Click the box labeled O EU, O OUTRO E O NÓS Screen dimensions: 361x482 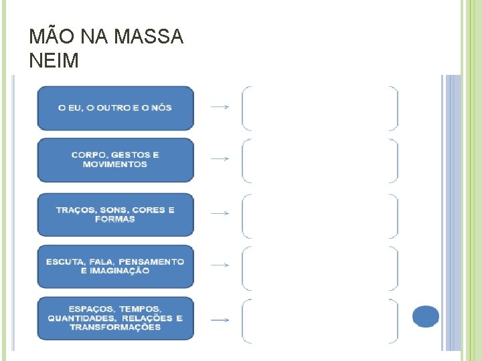(x=115, y=108)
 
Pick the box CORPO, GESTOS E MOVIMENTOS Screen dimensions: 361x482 (x=115, y=160)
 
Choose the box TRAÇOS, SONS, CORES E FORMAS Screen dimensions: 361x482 (x=115, y=215)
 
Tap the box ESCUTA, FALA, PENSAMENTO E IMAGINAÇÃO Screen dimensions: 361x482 (x=115, y=266)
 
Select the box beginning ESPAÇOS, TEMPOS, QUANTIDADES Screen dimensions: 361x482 (x=115, y=318)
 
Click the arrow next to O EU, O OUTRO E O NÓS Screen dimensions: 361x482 (x=220, y=107)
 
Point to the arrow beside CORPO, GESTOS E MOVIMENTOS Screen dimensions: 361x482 (x=220, y=159)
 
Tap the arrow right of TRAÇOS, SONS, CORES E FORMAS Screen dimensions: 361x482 (x=220, y=213)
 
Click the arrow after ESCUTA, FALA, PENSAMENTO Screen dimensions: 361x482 (x=220, y=265)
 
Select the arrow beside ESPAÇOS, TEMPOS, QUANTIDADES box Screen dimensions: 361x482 (x=220, y=320)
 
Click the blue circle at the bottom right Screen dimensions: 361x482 (x=426, y=316)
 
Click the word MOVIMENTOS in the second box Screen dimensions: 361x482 (x=115, y=164)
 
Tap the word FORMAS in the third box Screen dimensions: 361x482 (x=115, y=219)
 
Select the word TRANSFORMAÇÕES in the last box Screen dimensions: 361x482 (x=115, y=328)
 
